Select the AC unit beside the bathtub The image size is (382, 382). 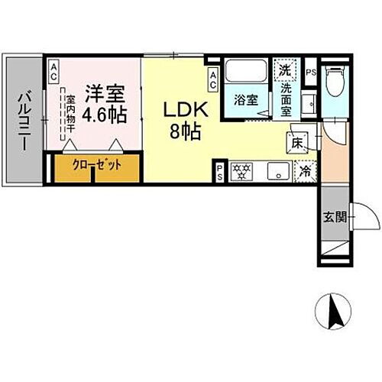pyautogui.click(x=214, y=77)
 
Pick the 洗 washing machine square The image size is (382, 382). pyautogui.click(x=285, y=70)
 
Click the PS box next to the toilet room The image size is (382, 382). pyautogui.click(x=310, y=73)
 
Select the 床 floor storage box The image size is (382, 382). pyautogui.click(x=297, y=141)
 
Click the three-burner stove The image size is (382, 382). pyautogui.click(x=241, y=171)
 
